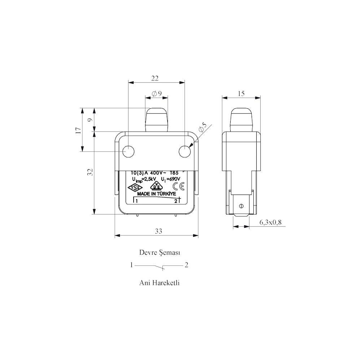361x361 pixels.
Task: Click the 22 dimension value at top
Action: coord(155,78)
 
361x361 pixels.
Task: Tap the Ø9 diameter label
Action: coord(157,93)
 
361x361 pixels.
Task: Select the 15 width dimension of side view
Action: coord(241,93)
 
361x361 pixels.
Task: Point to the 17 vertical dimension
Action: coord(78,130)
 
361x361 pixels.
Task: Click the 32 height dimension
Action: coord(91,172)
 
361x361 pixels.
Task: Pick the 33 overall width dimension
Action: coord(158,231)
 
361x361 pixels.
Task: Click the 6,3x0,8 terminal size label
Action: coord(270,222)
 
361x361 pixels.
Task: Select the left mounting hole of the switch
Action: coord(129,152)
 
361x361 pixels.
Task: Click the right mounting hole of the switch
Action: coord(184,152)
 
